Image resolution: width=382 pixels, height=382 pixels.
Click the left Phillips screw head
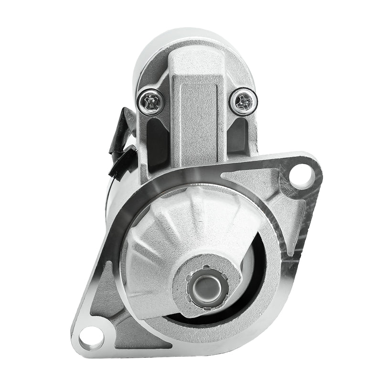(x=151, y=101)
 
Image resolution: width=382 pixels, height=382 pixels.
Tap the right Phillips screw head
(x=244, y=101)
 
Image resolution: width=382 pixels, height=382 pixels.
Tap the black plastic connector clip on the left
(x=119, y=162)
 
